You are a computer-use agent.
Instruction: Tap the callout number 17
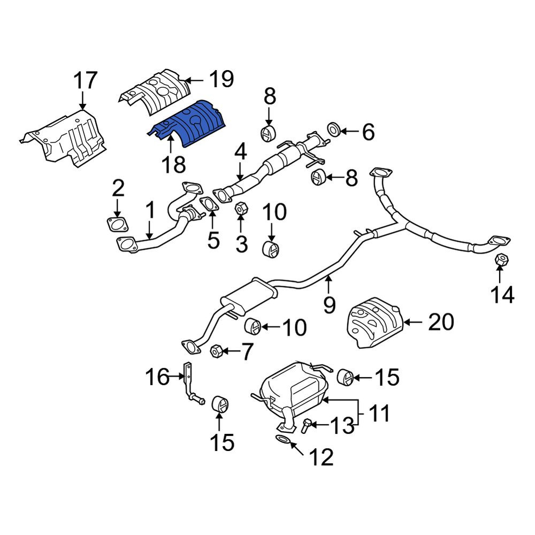[86, 81]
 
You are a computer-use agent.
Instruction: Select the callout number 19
[221, 79]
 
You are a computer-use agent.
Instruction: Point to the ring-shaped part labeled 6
[333, 129]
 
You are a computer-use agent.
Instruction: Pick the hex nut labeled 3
[241, 208]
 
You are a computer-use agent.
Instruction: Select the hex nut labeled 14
[501, 259]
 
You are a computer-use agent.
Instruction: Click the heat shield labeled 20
[374, 323]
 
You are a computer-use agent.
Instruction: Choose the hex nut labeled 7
[216, 351]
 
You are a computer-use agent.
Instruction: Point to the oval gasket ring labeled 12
[282, 439]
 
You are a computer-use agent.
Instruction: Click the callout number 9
[330, 305]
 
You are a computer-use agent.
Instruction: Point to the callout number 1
[150, 210]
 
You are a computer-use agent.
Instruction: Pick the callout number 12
[321, 457]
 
